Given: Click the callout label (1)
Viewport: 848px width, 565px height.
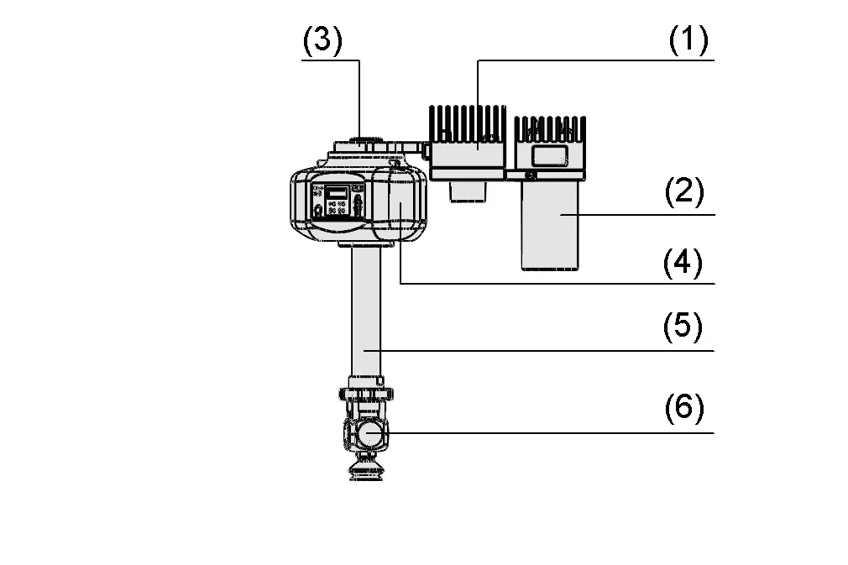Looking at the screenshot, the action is (688, 40).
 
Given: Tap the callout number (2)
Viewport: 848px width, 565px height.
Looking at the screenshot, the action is (684, 192).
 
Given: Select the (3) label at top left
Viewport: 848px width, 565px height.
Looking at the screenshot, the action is (322, 40).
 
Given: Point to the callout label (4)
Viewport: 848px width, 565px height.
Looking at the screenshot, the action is (683, 263).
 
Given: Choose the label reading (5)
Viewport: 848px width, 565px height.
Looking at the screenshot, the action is (683, 327).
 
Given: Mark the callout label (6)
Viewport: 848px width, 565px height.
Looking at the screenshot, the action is (684, 407).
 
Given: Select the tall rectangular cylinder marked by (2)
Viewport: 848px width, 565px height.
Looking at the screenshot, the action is (550, 225).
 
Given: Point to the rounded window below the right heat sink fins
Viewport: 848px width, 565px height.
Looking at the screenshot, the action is (549, 155).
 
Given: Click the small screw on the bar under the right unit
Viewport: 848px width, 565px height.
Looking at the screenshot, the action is (531, 175).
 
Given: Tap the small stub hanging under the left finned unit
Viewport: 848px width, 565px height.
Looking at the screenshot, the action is (468, 191).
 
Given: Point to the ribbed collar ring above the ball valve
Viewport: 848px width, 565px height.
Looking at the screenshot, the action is (366, 394).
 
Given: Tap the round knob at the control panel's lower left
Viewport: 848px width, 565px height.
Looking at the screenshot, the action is (318, 210).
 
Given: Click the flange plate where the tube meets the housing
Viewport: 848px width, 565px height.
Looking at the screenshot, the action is (365, 244).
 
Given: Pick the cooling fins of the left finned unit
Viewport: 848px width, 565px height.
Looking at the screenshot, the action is (468, 123).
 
